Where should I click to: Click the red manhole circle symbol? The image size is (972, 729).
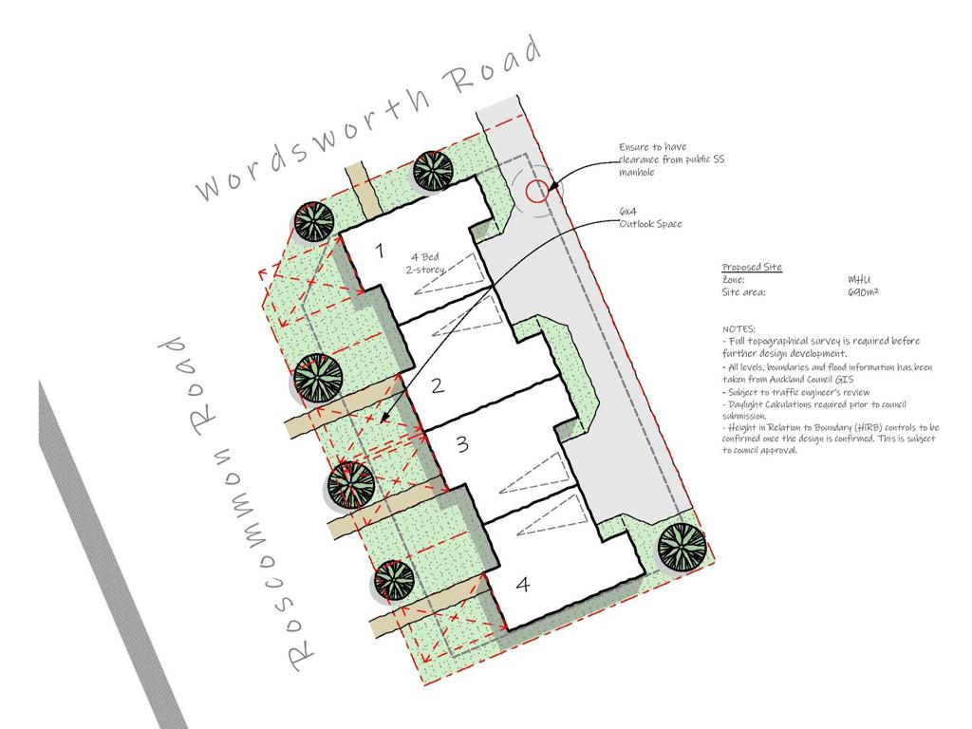(x=537, y=192)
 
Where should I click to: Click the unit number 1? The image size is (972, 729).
(x=380, y=251)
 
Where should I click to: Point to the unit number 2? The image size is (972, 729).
(x=438, y=385)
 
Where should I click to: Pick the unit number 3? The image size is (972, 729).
(x=462, y=444)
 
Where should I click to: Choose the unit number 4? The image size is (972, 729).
(x=523, y=584)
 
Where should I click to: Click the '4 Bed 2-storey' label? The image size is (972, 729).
(x=425, y=263)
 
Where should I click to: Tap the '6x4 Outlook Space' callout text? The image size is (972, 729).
(x=650, y=217)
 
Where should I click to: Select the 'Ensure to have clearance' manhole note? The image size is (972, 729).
(x=671, y=159)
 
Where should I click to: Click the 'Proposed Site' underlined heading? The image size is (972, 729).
(x=752, y=267)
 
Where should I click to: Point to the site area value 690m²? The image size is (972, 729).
(x=863, y=291)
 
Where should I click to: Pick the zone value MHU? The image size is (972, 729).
(x=859, y=280)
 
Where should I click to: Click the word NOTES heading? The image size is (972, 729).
(x=738, y=328)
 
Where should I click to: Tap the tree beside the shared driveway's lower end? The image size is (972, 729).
(x=682, y=548)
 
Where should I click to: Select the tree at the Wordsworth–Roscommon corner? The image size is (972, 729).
(x=313, y=221)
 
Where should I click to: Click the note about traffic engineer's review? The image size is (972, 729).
(x=796, y=392)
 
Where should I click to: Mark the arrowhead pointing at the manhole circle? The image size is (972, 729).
(x=552, y=185)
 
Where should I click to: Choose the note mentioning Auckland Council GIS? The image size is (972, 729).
(x=827, y=373)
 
